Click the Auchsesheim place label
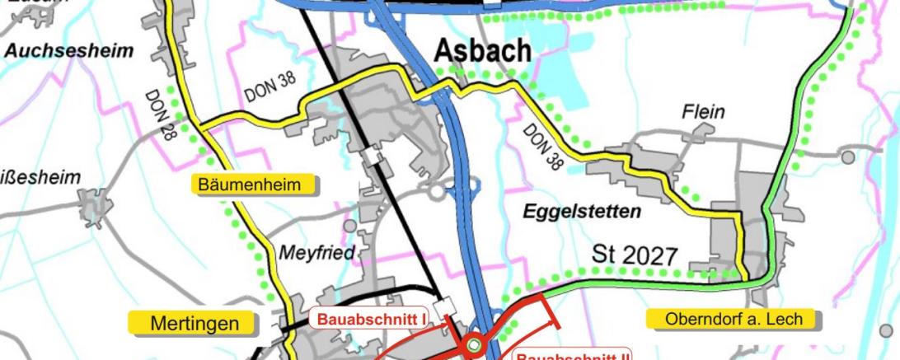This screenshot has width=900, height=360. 69,51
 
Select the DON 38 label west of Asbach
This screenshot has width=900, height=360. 269,88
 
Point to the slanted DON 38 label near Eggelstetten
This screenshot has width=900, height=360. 544,147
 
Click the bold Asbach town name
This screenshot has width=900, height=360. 483,51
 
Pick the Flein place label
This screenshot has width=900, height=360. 703,111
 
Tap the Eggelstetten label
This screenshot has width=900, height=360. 582,212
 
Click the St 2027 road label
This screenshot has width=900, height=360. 635,255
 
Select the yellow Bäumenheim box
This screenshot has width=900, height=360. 255,184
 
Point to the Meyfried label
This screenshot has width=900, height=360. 316,253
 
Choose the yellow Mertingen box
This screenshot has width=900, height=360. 195,324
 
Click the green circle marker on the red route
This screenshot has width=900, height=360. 473,346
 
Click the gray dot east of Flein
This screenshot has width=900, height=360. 848,156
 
